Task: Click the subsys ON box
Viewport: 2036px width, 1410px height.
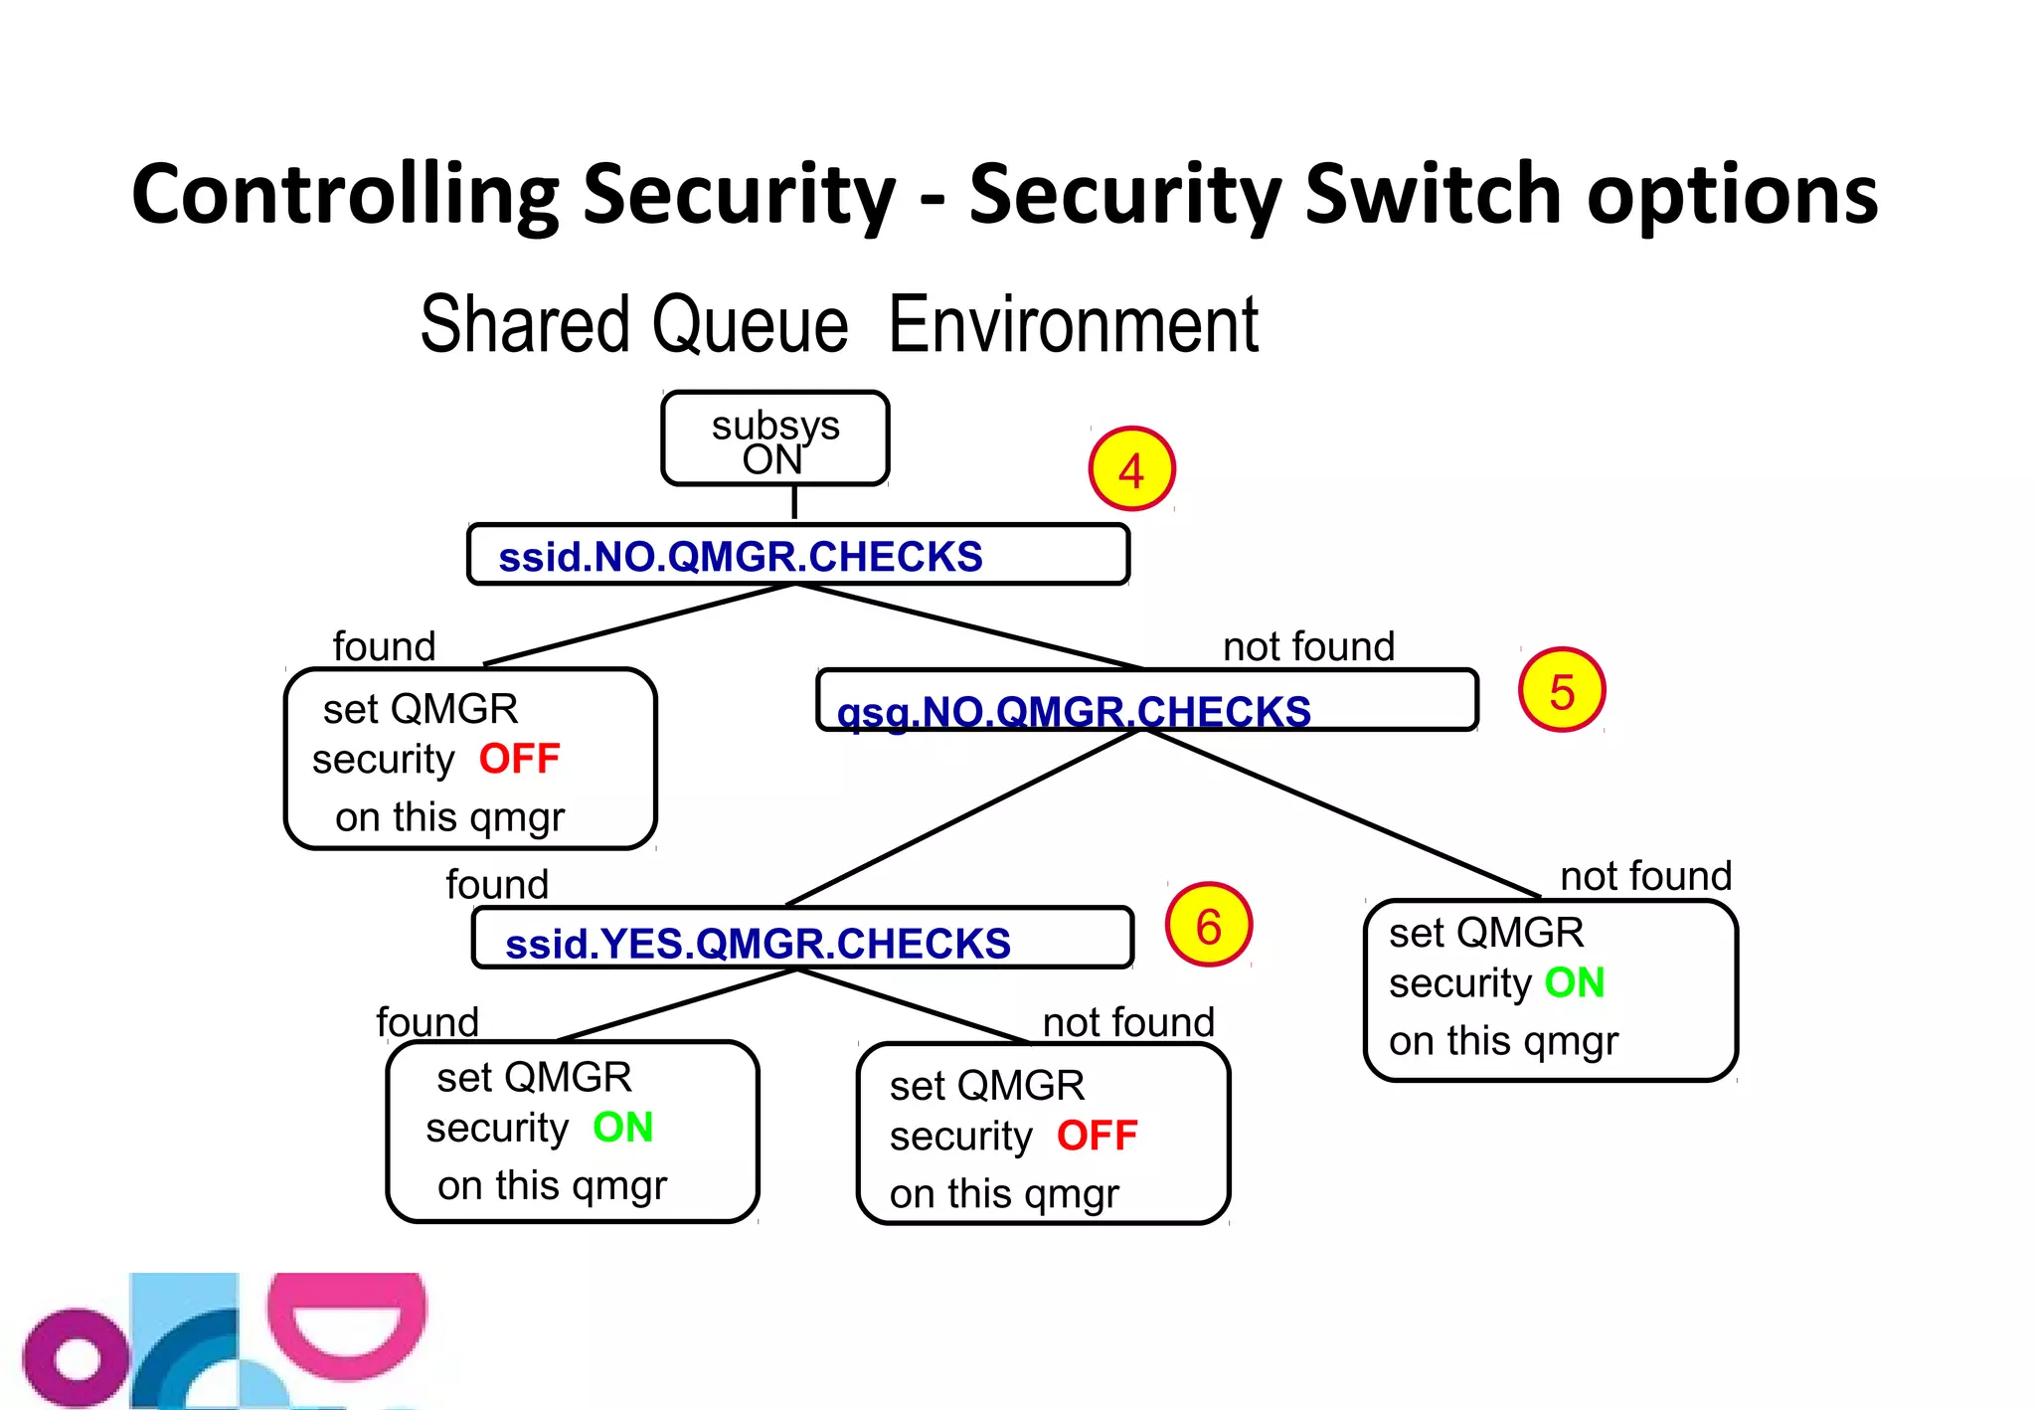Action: coord(774,439)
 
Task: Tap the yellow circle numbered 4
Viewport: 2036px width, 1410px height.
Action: coord(1131,469)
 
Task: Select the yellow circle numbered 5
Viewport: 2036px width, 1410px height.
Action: coord(1561,690)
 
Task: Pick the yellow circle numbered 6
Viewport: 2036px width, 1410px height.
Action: coord(1208,926)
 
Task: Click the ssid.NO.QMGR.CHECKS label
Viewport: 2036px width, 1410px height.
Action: coord(740,557)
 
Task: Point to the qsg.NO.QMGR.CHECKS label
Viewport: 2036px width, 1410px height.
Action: coord(1074,710)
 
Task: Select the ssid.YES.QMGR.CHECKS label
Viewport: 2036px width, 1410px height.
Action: coord(758,943)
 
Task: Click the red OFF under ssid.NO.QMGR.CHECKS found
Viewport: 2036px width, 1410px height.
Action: coord(519,759)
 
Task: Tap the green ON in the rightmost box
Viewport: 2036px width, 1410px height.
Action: coord(1574,982)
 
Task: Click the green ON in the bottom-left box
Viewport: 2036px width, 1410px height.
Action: coord(622,1127)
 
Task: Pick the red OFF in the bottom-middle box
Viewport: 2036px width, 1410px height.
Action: coord(1097,1135)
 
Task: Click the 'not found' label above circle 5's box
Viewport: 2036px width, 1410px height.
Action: coord(1308,646)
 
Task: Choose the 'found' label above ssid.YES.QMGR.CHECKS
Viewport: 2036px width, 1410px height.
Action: coord(497,884)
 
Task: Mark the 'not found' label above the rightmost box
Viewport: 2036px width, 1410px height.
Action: coord(1645,876)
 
